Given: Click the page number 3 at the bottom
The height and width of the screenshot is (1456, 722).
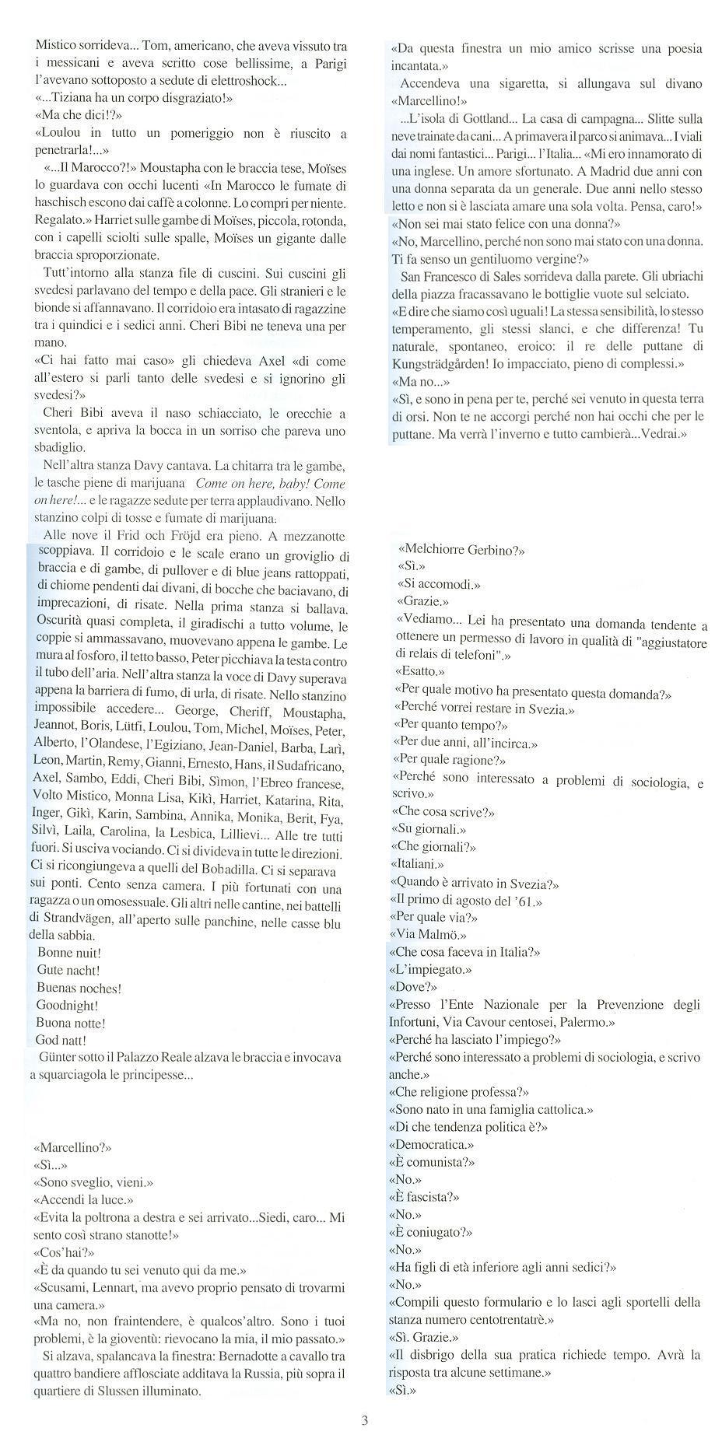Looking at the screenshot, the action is click(x=364, y=1420).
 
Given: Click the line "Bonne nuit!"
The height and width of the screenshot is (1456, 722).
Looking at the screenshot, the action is click(x=69, y=952).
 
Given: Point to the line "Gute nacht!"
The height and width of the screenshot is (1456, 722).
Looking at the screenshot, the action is click(x=68, y=970).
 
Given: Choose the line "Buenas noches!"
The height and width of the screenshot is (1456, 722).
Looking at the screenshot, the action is click(x=79, y=988).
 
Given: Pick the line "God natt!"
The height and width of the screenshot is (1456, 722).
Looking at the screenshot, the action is click(x=61, y=1040).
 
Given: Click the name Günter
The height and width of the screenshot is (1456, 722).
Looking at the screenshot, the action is click(x=59, y=1058).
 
